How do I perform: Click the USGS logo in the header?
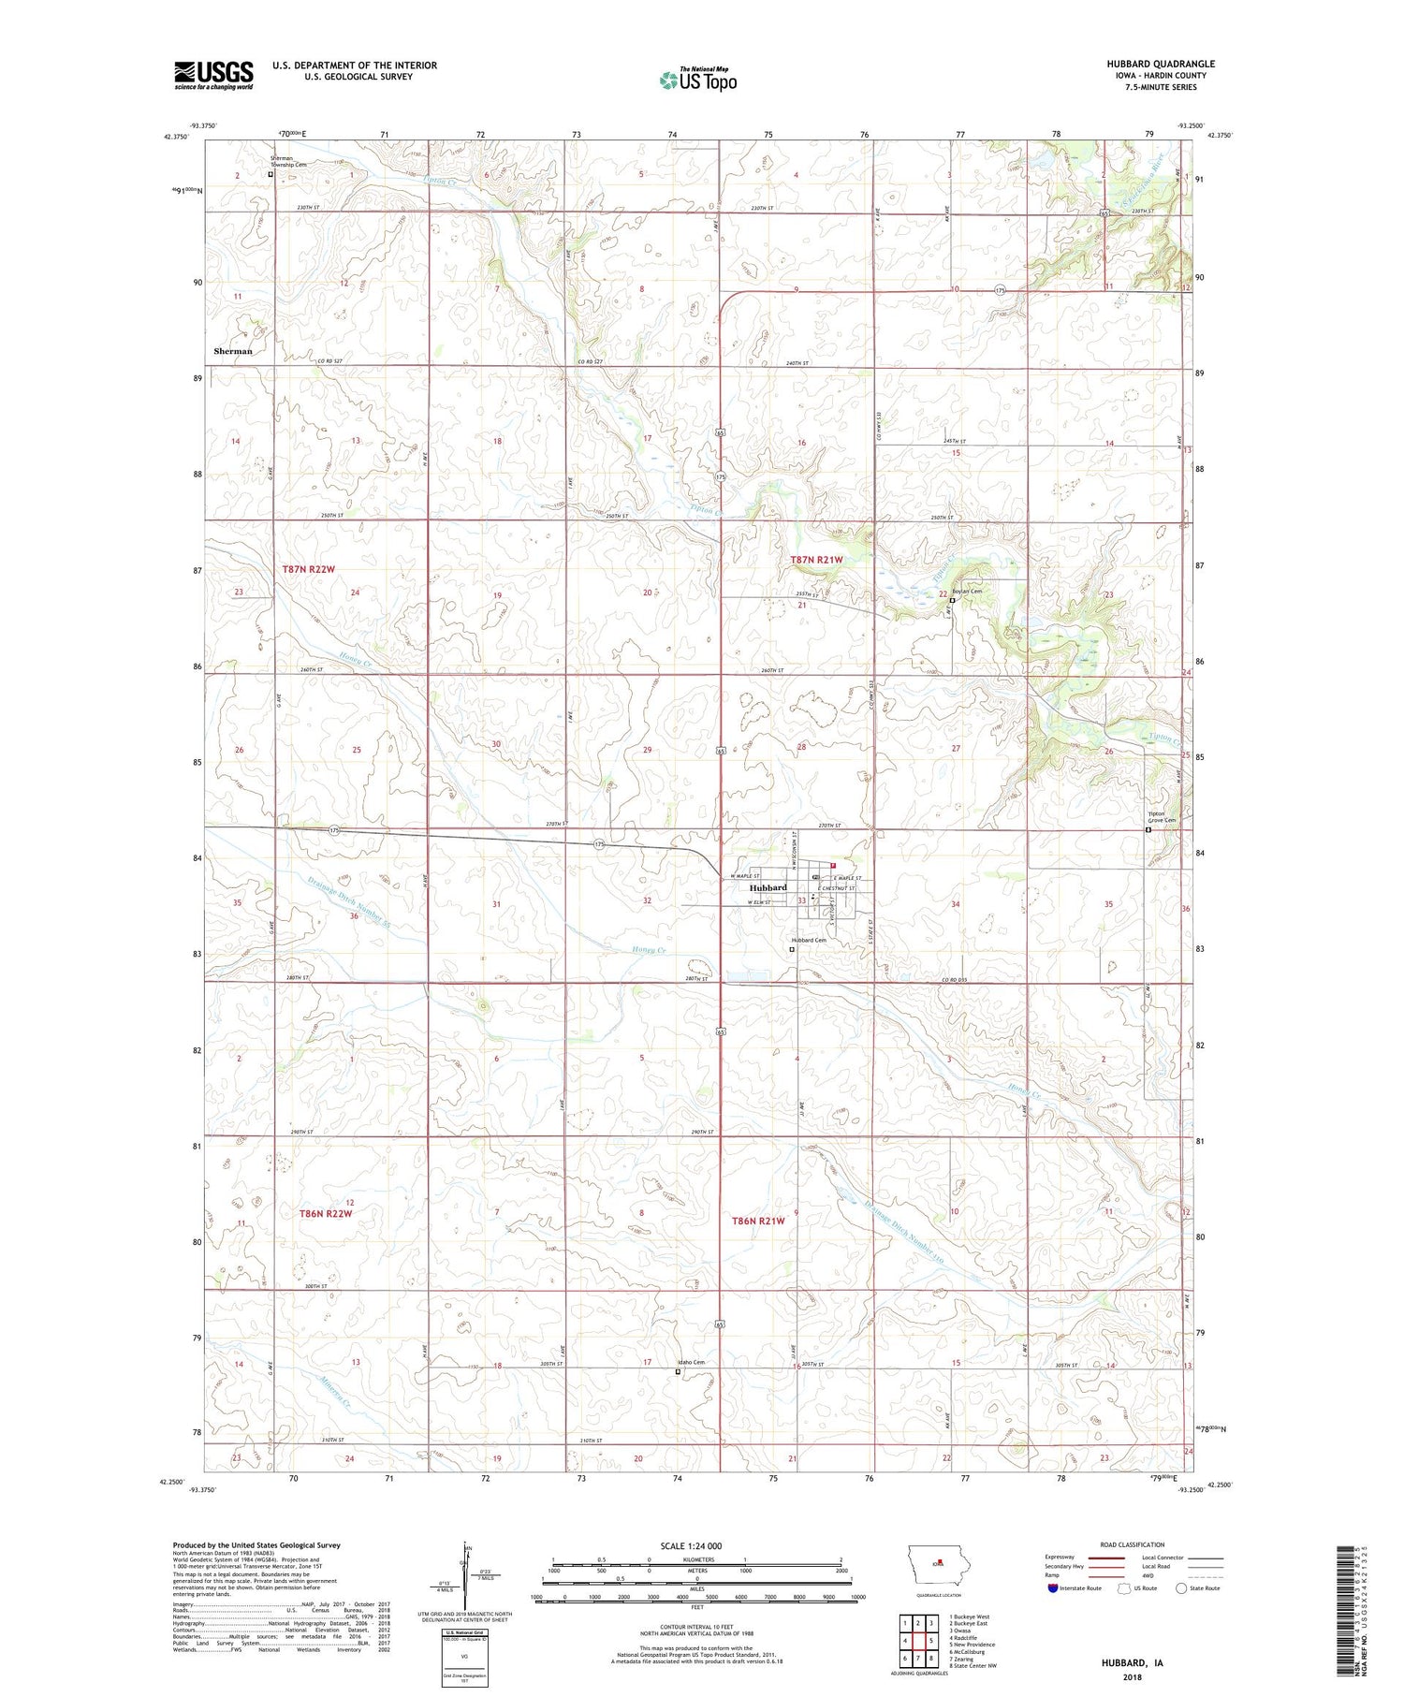click(213, 75)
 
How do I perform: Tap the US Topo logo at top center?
click(697, 80)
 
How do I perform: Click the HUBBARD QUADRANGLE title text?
click(1160, 64)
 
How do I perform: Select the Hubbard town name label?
click(767, 887)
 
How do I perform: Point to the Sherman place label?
click(233, 351)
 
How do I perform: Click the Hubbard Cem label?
click(810, 940)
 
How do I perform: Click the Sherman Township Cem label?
click(282, 162)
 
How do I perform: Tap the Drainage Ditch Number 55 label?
click(334, 909)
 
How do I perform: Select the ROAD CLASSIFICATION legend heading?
click(1133, 1544)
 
